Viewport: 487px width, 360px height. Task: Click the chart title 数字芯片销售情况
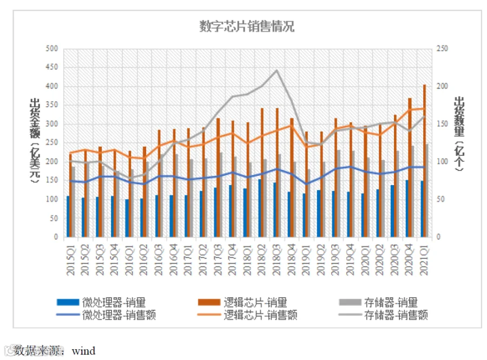[x=247, y=27]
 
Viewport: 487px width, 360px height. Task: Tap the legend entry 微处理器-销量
[x=101, y=302]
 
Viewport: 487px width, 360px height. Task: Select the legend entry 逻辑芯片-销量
[x=242, y=302]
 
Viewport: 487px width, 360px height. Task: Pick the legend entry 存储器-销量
[x=378, y=302]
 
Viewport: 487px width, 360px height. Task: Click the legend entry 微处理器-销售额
[x=106, y=315]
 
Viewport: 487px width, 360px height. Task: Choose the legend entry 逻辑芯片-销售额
[x=247, y=315]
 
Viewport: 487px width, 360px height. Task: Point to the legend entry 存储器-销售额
[x=383, y=315]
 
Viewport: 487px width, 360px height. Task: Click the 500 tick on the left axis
[x=51, y=49]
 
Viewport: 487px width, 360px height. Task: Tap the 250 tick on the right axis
[x=442, y=49]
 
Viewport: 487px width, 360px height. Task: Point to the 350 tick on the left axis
[x=51, y=105]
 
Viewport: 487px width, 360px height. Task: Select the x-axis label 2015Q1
[x=71, y=260]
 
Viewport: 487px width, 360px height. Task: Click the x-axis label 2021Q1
[x=424, y=260]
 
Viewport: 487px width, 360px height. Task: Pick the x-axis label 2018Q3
[x=277, y=260]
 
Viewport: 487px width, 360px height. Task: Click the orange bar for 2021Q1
[x=425, y=161]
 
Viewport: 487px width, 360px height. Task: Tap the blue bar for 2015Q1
[x=68, y=217]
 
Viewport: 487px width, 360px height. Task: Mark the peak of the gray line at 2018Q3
[x=277, y=70]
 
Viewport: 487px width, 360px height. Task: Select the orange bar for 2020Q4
[x=410, y=168]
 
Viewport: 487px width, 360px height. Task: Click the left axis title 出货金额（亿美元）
[x=35, y=140]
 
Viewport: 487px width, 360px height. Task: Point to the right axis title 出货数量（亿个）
[x=459, y=134]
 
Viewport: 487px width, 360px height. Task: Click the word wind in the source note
[x=83, y=351]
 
